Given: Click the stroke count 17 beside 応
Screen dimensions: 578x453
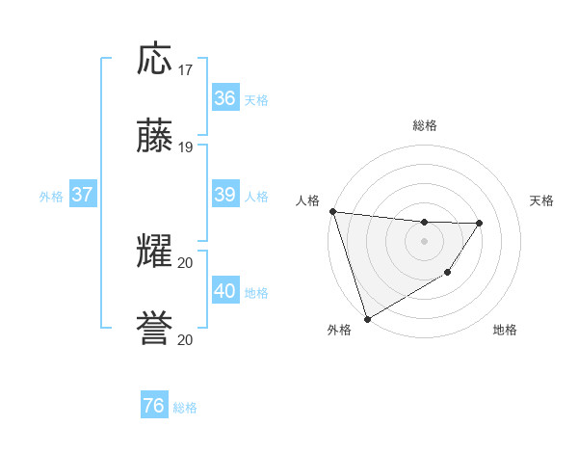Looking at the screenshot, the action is [x=186, y=70].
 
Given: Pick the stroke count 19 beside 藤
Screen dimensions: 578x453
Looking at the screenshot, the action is [x=186, y=147].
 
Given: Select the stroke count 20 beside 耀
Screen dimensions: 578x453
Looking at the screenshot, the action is [x=186, y=263].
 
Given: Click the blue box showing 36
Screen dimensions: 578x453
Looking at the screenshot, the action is [x=224, y=98].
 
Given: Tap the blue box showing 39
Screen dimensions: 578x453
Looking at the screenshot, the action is [x=224, y=195].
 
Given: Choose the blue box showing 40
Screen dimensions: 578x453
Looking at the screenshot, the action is [x=224, y=291].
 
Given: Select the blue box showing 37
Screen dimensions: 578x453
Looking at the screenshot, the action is [x=82, y=195].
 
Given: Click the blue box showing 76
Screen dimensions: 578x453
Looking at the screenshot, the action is [x=153, y=406].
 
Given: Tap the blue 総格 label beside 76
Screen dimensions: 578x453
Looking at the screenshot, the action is [x=185, y=408].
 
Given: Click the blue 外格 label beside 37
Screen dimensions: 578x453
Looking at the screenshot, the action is [x=51, y=197].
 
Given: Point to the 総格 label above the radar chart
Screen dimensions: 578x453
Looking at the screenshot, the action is [x=424, y=125].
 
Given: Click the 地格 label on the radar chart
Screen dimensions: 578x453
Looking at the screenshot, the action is [x=505, y=331].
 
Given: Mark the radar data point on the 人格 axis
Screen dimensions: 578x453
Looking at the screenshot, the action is [x=332, y=211].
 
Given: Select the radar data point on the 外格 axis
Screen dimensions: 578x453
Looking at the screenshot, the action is [x=367, y=318].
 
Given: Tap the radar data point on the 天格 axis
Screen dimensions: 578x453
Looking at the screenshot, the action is [x=480, y=223].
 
